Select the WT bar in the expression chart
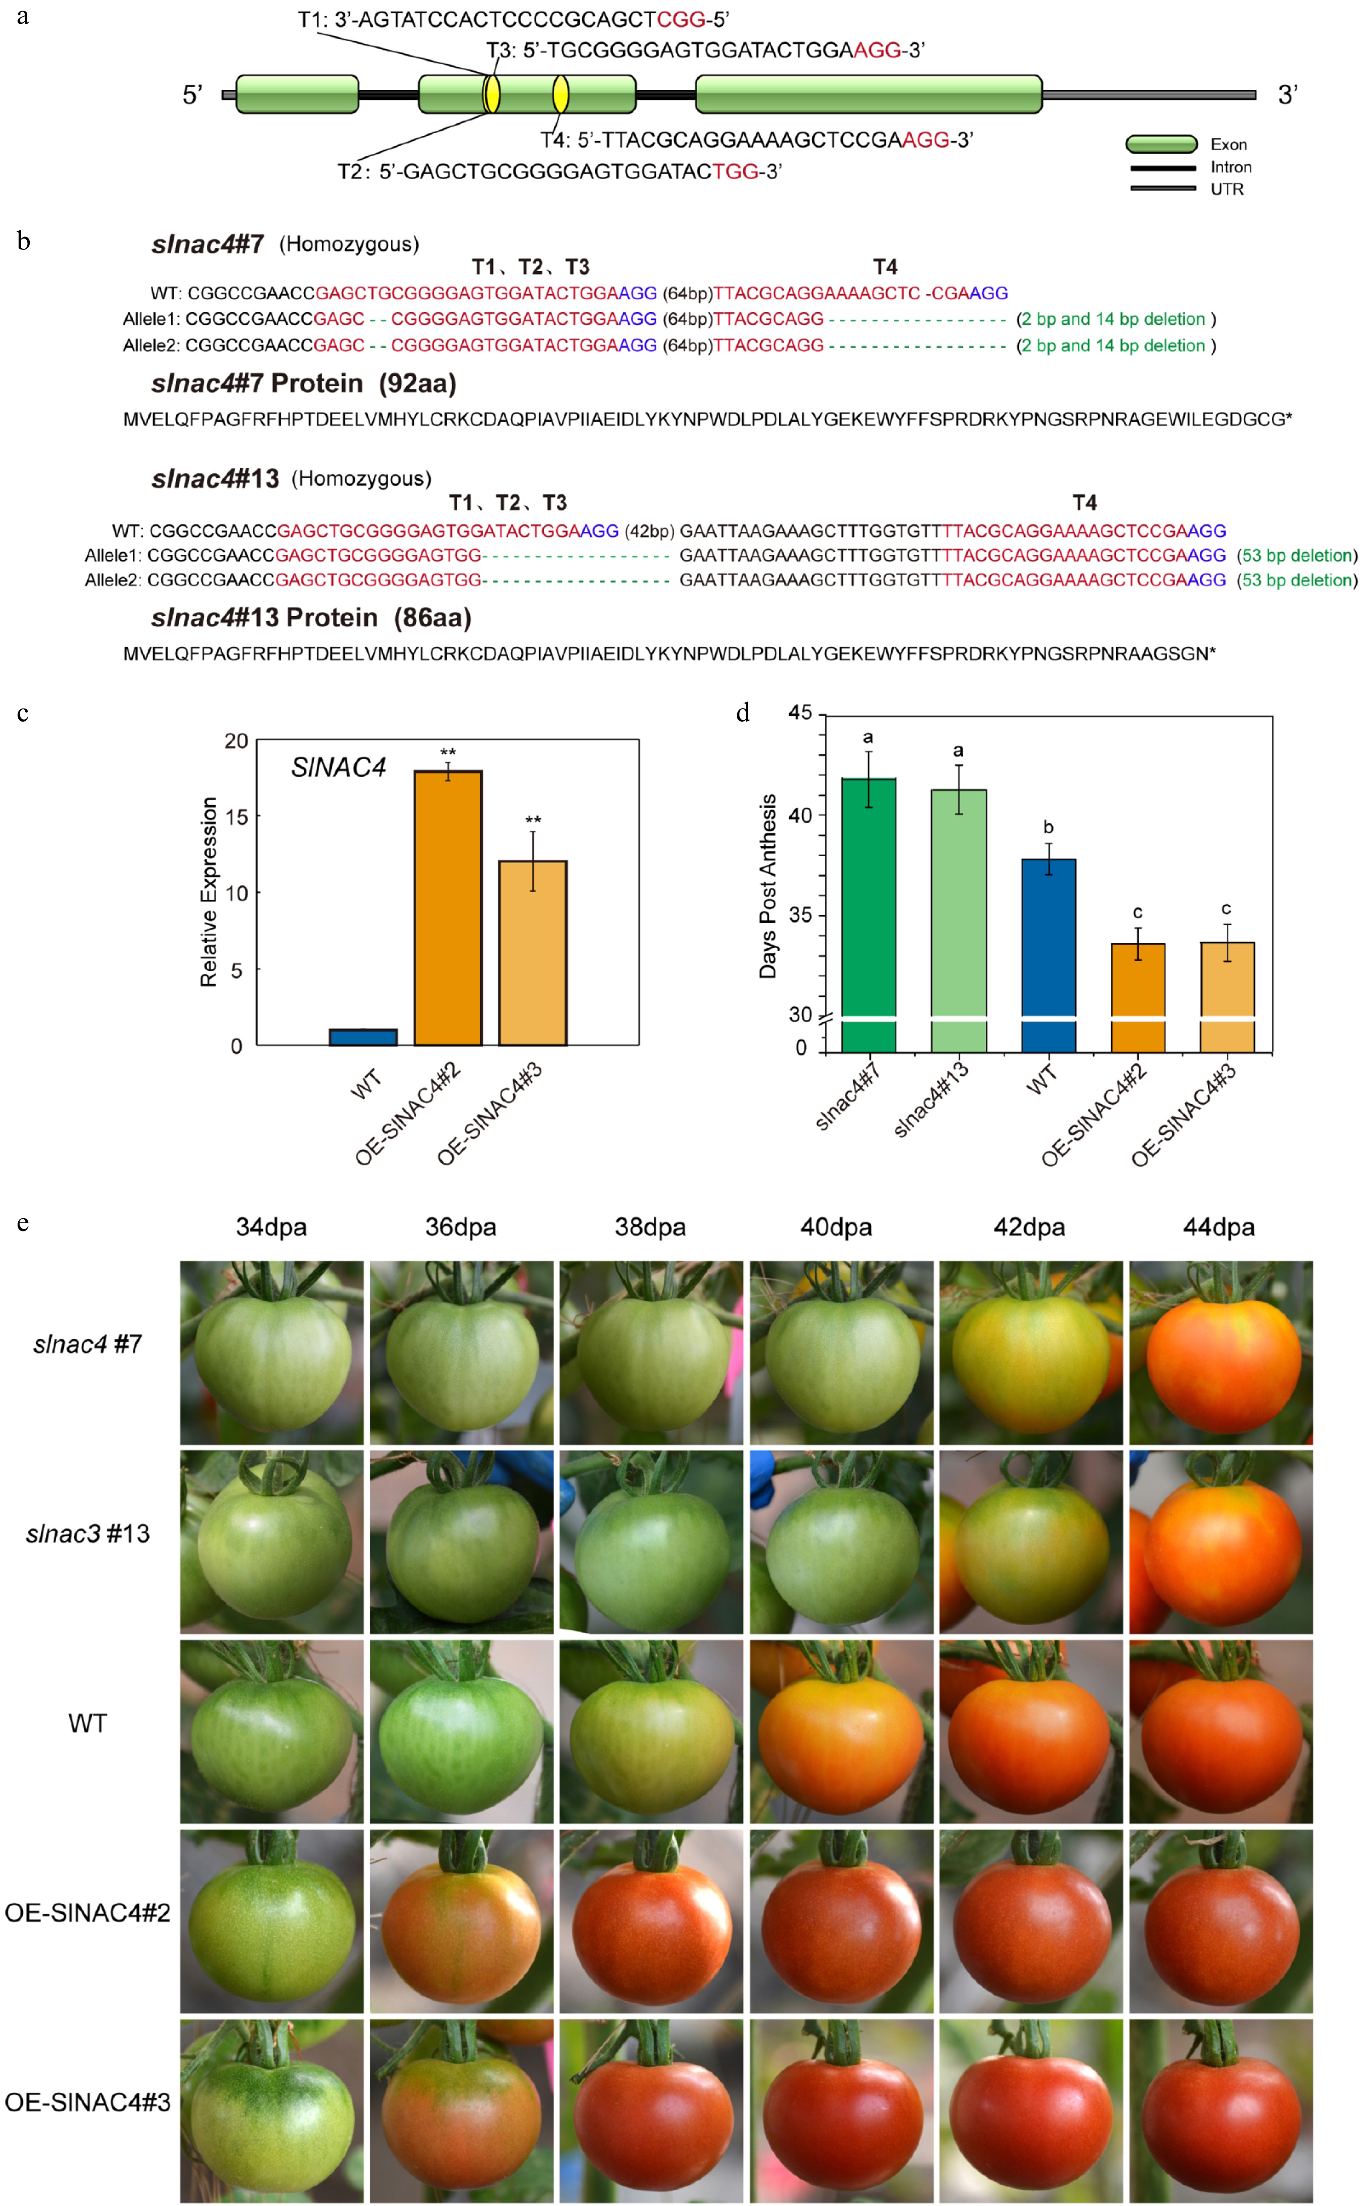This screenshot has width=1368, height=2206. (x=363, y=1037)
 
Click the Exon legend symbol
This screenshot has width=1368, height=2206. (x=1162, y=144)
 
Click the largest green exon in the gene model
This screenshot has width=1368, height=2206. (x=869, y=94)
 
